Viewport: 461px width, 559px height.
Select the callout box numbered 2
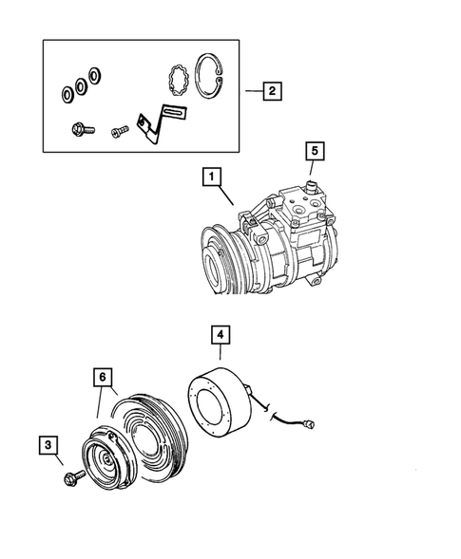[271, 91]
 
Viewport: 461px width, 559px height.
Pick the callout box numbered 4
[219, 335]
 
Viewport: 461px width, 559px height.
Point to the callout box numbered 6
[102, 377]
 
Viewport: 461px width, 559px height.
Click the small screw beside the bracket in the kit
[120, 131]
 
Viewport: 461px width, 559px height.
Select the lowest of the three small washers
[67, 94]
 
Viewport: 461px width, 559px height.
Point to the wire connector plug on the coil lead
[310, 425]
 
